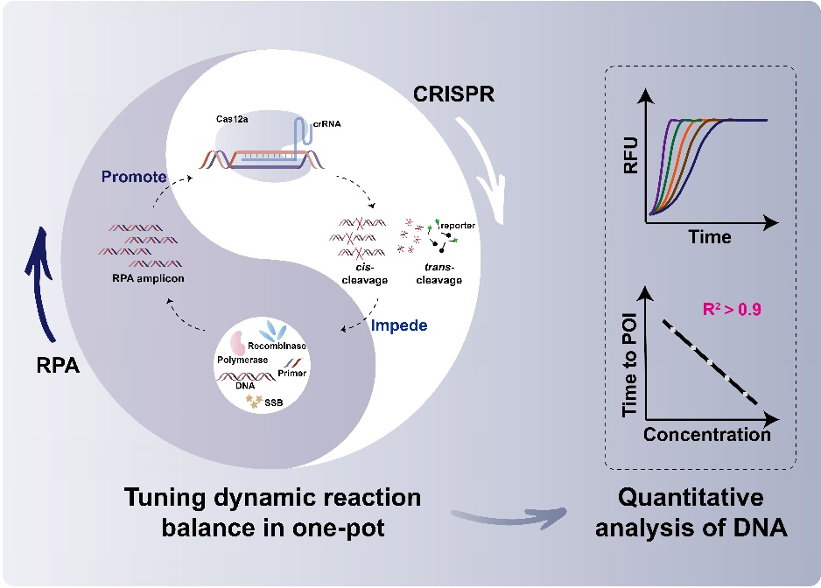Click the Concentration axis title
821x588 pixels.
tap(707, 434)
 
